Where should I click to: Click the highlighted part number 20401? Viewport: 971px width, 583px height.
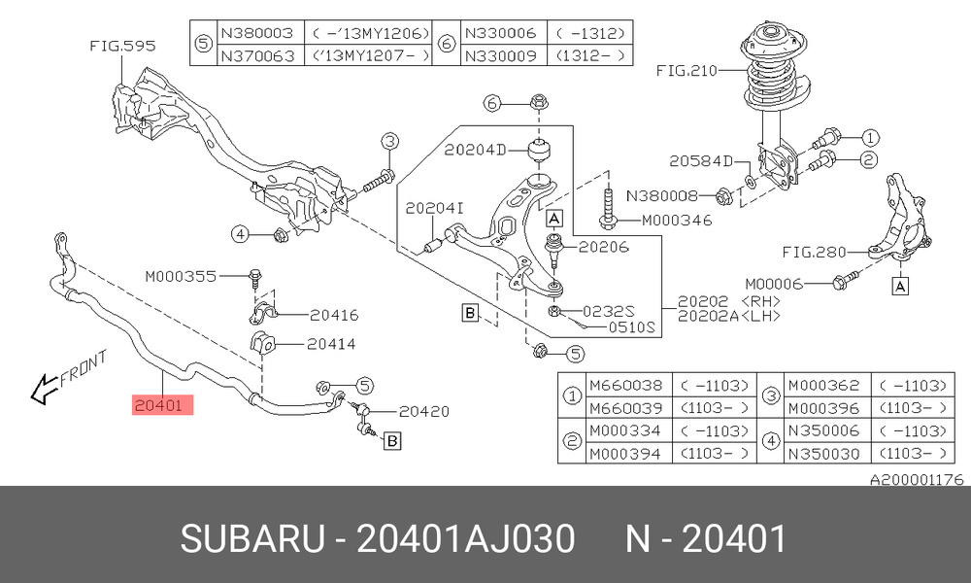click(162, 405)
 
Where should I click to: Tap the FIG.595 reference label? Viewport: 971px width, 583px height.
click(122, 46)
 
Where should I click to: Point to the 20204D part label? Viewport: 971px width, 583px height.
click(475, 150)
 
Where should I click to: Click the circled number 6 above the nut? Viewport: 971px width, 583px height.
click(492, 103)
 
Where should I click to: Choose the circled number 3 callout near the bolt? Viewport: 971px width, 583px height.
click(389, 142)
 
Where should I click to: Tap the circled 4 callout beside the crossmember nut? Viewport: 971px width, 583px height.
click(240, 234)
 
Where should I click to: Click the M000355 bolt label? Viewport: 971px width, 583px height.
click(181, 276)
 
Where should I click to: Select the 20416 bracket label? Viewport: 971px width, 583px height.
click(334, 316)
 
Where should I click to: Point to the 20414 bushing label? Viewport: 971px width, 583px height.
click(331, 344)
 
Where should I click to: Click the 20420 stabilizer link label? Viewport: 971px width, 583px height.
click(424, 411)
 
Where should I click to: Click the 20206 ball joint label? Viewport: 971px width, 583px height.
click(604, 247)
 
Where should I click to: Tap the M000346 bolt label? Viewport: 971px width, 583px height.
click(677, 220)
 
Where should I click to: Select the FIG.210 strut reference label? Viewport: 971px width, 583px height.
click(686, 71)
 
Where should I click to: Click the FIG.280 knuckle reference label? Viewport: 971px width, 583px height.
click(814, 253)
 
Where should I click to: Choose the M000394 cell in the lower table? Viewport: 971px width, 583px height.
click(625, 454)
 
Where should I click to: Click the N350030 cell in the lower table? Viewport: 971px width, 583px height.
click(823, 454)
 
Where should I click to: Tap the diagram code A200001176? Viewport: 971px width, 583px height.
click(918, 480)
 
